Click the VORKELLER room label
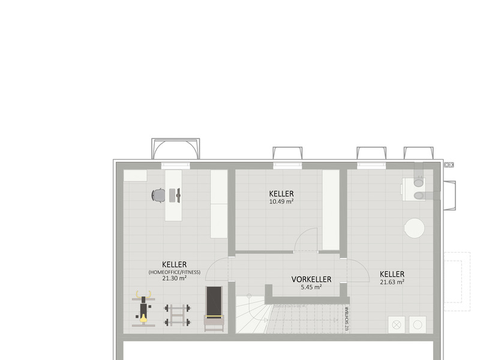tap(311, 279)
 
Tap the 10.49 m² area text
tap(281, 202)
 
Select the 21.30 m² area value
tap(174, 278)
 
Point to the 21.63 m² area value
tap(392, 282)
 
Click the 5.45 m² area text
tap(311, 287)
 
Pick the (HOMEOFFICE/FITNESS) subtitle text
tap(175, 272)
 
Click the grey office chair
tap(158, 196)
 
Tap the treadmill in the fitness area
tap(214, 308)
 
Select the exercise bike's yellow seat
tap(143, 319)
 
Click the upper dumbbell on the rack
tap(177, 308)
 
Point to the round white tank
tap(414, 228)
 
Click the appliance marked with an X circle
tap(397, 325)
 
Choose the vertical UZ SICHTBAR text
tap(347, 319)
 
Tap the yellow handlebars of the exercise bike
tap(143, 294)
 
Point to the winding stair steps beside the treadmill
tap(250, 314)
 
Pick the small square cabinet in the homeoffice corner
tap(135, 175)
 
